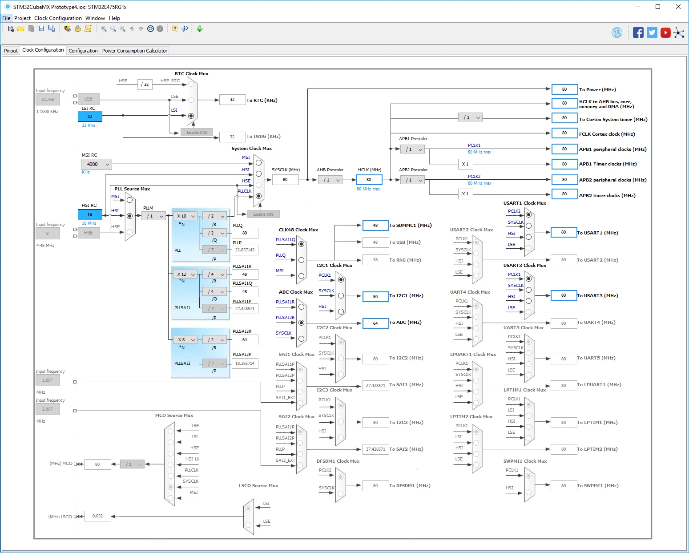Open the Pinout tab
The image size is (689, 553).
click(11, 51)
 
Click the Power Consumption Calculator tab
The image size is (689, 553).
click(134, 51)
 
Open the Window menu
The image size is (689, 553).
click(95, 18)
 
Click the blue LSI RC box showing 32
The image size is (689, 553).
click(90, 116)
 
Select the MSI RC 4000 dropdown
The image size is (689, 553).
click(96, 164)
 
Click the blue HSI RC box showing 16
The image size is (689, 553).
click(90, 214)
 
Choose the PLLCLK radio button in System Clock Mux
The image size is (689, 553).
click(259, 196)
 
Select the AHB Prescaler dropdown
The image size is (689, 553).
click(330, 180)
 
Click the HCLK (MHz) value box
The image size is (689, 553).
click(369, 180)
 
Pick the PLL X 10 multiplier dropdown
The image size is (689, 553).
click(185, 216)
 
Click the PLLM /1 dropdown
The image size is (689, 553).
click(153, 216)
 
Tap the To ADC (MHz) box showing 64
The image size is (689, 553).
click(375, 323)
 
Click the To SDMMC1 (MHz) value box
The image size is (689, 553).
click(375, 226)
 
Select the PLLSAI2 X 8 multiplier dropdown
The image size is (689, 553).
click(185, 339)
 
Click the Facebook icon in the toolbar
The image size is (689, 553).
click(638, 32)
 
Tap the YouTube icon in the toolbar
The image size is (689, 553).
click(665, 32)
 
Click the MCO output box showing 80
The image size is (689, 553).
click(98, 464)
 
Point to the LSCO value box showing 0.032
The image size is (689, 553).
click(98, 516)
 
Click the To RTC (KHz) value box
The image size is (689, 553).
click(232, 100)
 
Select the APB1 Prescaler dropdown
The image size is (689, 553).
click(412, 149)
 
